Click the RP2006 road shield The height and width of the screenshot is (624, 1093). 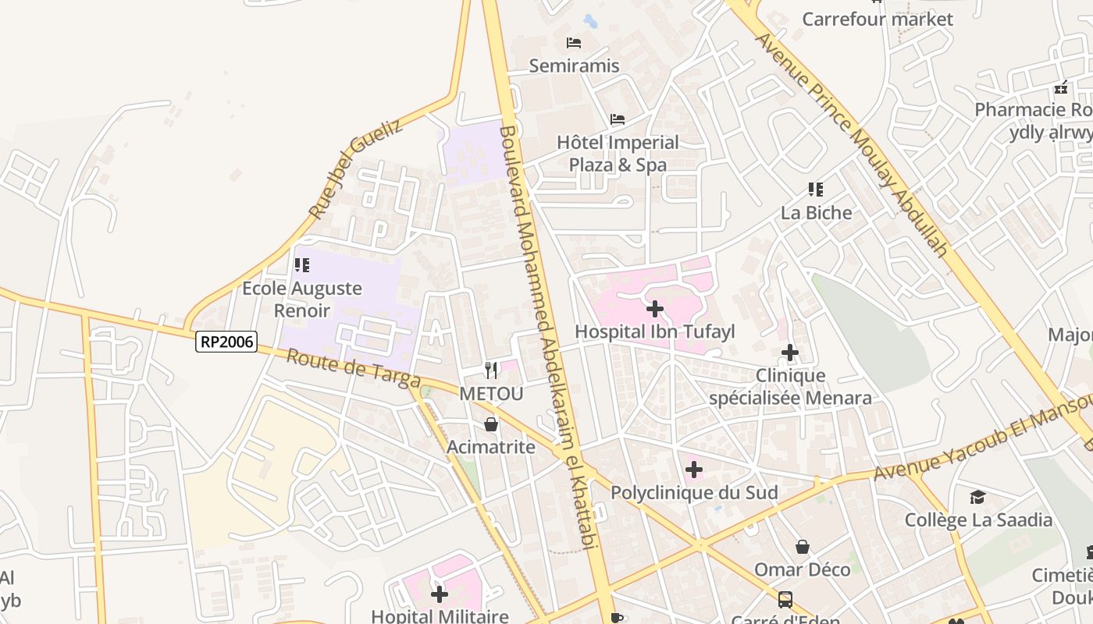pos(226,341)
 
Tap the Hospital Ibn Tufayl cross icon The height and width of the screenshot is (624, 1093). pos(655,309)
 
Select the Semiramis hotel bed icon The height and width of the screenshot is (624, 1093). pos(574,42)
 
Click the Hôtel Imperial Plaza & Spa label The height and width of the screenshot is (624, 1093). pos(618,154)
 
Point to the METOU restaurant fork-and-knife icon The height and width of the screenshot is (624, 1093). pos(491,370)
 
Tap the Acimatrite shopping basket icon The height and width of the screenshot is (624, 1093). pos(491,424)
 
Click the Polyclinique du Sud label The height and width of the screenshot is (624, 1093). pos(694,493)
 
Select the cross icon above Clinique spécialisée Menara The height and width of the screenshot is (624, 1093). pos(790,353)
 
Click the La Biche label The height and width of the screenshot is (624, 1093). pos(817,213)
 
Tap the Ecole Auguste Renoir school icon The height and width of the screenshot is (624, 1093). pos(302,265)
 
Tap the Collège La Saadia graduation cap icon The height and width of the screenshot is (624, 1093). pos(977,497)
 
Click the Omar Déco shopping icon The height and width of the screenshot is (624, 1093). pos(802,547)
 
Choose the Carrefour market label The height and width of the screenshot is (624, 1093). pos(878,19)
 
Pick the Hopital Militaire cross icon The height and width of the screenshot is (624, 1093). pos(440,594)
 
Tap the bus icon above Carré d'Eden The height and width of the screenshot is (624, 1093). pos(785,600)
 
